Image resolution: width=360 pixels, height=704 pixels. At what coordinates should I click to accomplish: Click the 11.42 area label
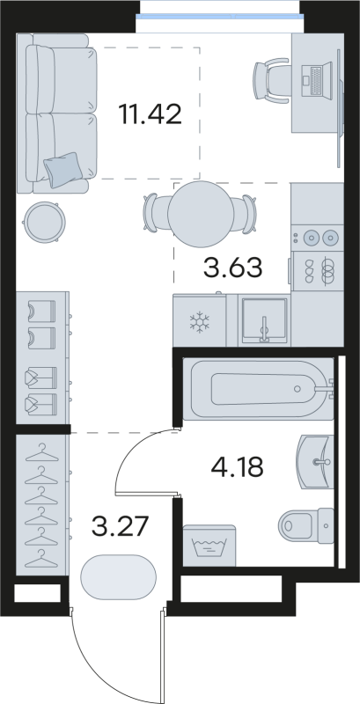(x=150, y=114)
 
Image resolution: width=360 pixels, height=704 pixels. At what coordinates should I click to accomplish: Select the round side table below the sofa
(x=43, y=222)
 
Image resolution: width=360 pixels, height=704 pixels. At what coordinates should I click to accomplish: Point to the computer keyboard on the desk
(x=312, y=84)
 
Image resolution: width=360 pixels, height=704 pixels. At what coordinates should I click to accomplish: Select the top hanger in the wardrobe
(x=41, y=454)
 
